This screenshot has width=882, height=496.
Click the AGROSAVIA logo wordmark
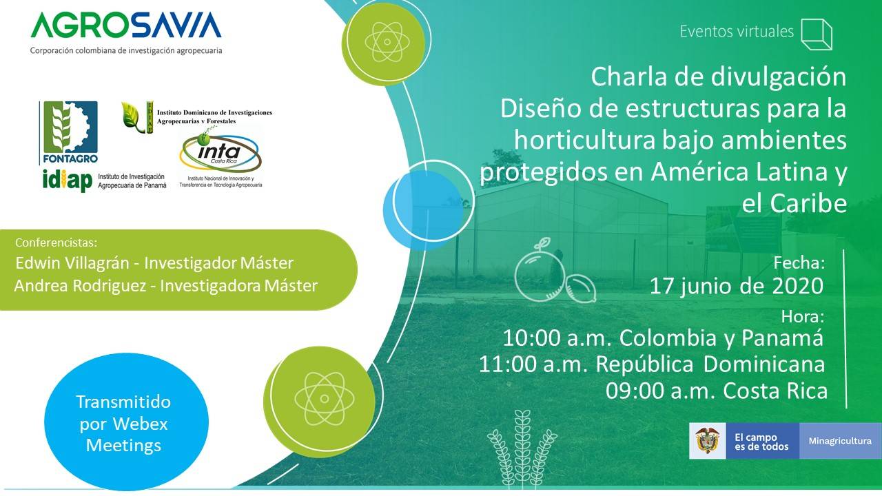tap(126, 25)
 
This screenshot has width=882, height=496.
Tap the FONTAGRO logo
tap(68, 132)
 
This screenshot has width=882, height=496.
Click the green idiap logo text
tap(67, 180)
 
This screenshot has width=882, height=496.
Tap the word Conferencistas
tap(56, 242)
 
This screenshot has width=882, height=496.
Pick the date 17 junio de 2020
tap(737, 285)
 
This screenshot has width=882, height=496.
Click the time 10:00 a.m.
tap(557, 338)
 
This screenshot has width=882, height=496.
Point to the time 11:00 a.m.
tap(533, 364)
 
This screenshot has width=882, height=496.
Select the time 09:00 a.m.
tap(660, 391)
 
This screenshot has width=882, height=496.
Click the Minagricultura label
tap(840, 441)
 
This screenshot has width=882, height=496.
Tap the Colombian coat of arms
tap(707, 441)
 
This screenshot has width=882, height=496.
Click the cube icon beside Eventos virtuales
tap(817, 34)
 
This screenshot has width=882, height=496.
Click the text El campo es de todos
tap(756, 442)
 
